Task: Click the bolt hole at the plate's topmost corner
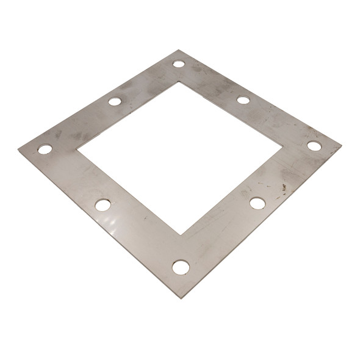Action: [178, 63]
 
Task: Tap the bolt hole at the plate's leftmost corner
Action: [45, 149]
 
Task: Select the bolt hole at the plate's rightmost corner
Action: [314, 146]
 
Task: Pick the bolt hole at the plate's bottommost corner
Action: [181, 267]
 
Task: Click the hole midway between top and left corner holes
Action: [115, 101]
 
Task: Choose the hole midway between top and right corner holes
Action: [243, 99]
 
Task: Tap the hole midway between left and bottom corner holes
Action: [103, 205]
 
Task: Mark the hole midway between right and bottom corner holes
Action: [257, 203]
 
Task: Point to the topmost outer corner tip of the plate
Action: [178, 51]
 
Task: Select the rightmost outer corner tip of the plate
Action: [341, 146]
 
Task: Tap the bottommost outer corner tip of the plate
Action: [181, 298]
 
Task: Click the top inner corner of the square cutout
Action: [179, 82]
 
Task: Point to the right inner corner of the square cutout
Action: [282, 146]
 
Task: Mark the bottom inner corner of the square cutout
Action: [181, 234]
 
